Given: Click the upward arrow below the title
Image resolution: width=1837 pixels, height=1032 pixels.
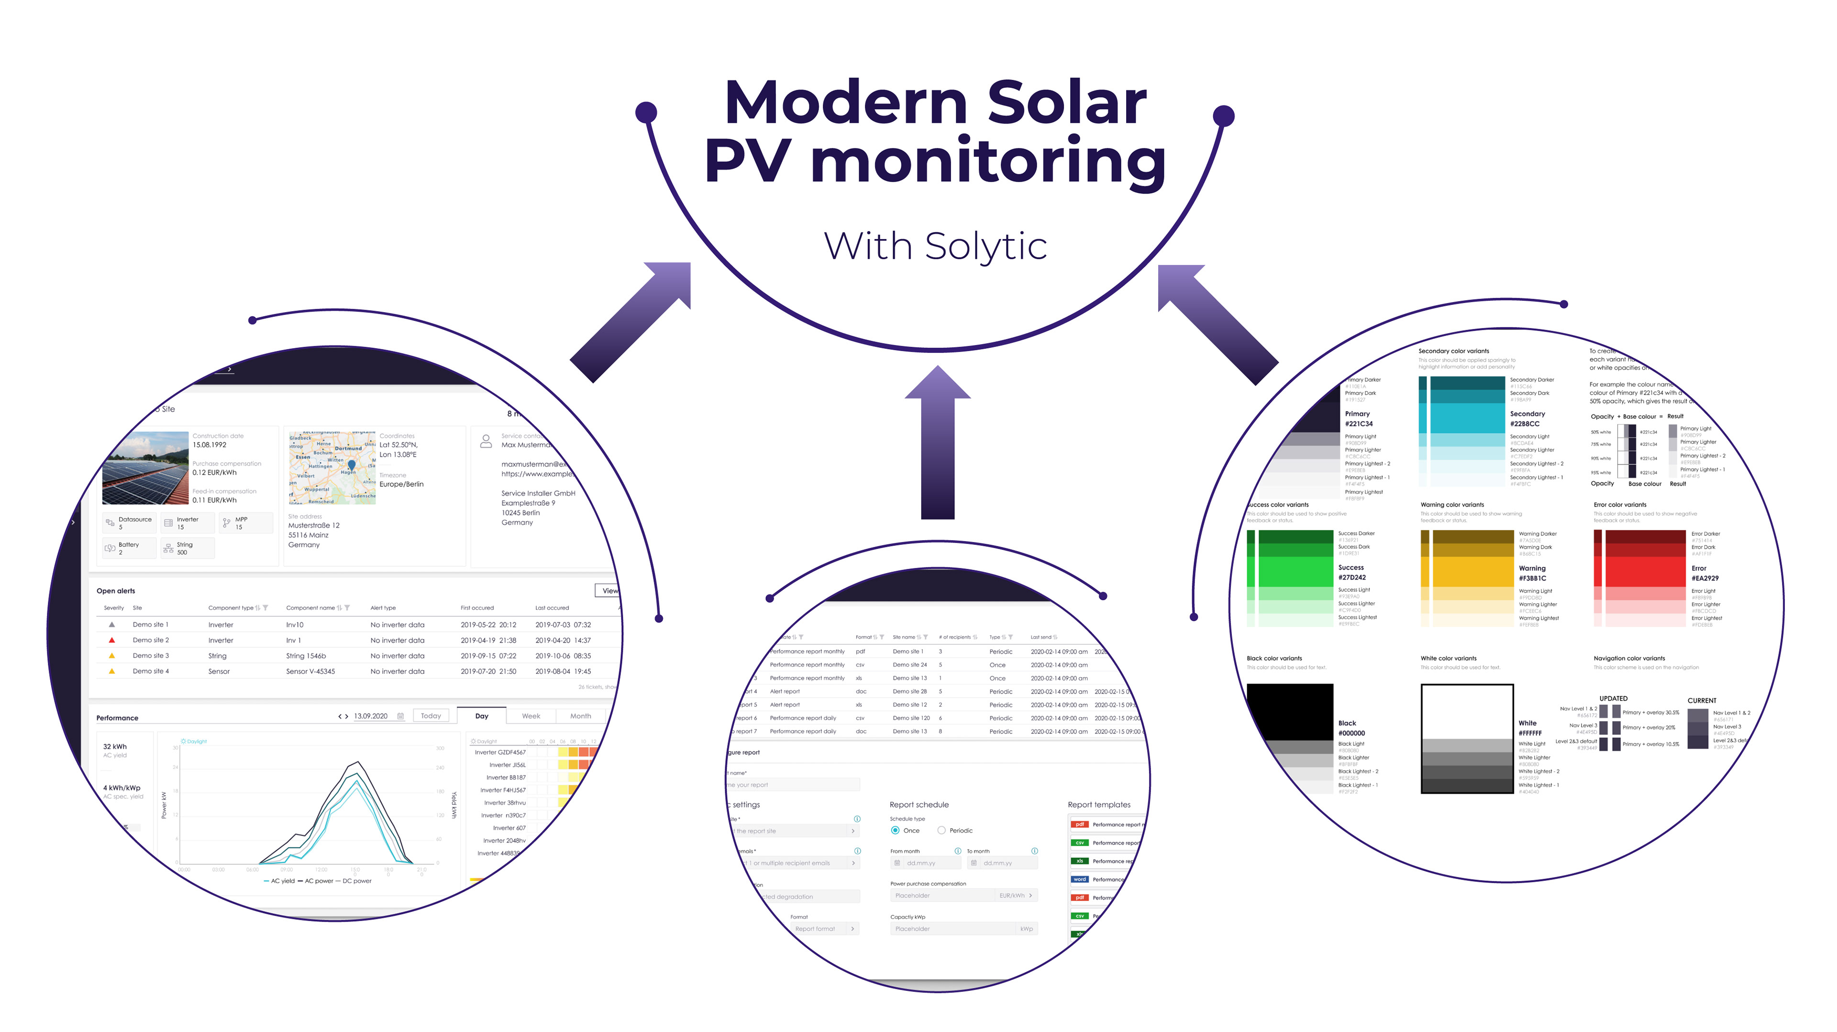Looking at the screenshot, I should [937, 442].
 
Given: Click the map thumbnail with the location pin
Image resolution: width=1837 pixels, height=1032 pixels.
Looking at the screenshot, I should [332, 467].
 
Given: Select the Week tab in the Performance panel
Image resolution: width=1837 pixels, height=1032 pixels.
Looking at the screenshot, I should [531, 716].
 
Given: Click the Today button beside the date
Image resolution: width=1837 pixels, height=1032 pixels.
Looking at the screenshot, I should [431, 716].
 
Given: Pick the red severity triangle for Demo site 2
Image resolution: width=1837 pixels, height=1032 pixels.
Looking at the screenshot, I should [112, 640].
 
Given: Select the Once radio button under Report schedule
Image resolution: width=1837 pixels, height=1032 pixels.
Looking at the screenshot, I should [895, 830].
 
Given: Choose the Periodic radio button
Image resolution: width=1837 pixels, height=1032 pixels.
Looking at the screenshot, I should [941, 830].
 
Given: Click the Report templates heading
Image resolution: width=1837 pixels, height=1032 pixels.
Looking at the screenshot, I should [1099, 804].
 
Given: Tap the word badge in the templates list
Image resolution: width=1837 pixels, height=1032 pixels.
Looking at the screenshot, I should [1080, 880].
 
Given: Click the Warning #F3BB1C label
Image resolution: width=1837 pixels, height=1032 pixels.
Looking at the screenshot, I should [1532, 573].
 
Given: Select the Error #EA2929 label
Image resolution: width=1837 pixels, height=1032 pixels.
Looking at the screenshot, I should [1705, 573].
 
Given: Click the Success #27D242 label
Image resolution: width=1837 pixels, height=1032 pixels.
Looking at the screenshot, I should [1351, 572].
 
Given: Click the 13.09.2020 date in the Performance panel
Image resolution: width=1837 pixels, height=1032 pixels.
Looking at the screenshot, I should [371, 716].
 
